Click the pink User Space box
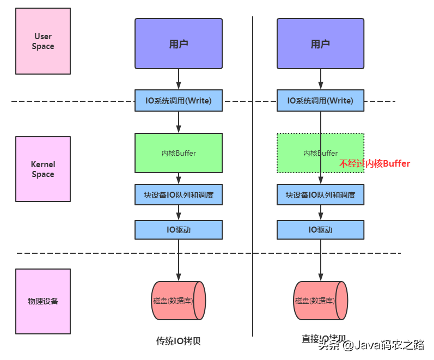coord(43,41)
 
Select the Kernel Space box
coord(43,169)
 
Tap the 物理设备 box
coord(43,301)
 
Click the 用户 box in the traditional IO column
coord(179,44)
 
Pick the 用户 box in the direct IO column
coord(320,44)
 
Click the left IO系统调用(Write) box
coord(179,101)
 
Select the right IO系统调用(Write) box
coord(320,101)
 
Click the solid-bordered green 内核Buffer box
coord(179,153)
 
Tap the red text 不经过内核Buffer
coord(375,163)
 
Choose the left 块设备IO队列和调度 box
coord(179,194)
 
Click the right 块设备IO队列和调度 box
coord(320,194)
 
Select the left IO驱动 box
coord(179,230)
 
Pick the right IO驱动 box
coord(320,230)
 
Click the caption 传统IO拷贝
coord(179,341)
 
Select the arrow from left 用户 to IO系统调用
coord(179,79)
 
